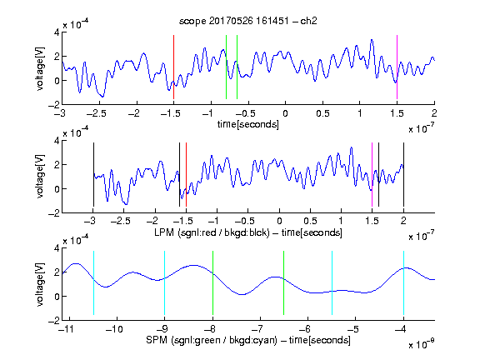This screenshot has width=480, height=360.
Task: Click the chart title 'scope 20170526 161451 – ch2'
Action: [x=248, y=21]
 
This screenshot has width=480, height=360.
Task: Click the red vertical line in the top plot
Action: [x=173, y=67]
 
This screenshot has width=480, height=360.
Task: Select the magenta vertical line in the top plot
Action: [x=397, y=67]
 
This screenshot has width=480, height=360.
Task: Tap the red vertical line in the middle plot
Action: [x=186, y=174]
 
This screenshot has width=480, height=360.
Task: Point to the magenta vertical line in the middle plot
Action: [x=372, y=174]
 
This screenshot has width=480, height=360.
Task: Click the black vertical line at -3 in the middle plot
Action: [x=93, y=174]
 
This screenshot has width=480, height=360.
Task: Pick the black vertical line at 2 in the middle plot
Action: [x=403, y=174]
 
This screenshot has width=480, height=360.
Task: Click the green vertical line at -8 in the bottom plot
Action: [x=212, y=282]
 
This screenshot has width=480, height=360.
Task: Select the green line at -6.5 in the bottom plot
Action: [x=284, y=282]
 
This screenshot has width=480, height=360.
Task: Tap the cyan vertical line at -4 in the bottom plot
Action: [x=403, y=282]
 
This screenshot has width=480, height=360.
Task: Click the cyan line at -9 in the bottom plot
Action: [x=165, y=282]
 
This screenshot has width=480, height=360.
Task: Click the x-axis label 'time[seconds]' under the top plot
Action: [x=248, y=125]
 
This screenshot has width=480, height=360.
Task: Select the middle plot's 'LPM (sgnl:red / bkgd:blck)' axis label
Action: [x=212, y=232]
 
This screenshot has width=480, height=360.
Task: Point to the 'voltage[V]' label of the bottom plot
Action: [x=40, y=284]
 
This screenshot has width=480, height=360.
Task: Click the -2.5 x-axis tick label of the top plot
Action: [x=97, y=113]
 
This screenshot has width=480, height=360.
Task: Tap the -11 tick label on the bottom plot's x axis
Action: [x=67, y=329]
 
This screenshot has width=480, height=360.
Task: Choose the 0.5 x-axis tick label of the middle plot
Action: [x=310, y=221]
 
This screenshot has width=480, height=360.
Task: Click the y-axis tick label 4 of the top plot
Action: [x=57, y=32]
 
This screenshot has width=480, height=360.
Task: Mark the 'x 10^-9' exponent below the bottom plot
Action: [x=422, y=343]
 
